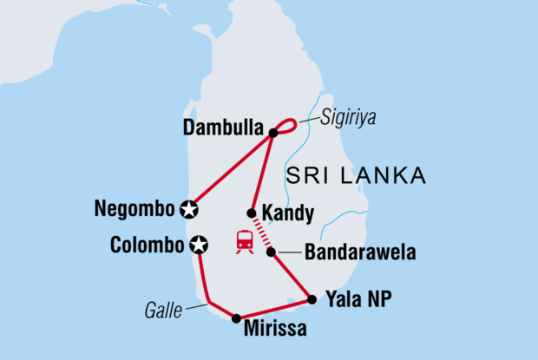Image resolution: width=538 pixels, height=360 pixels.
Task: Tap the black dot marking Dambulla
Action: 272,133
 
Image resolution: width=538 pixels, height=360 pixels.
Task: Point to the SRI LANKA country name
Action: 358,176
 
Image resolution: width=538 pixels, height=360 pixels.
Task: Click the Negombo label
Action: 137,209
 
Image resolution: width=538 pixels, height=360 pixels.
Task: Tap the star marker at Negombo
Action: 189,209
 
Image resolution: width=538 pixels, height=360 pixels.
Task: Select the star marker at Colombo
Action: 199,245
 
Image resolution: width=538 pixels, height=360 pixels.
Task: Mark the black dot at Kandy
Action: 251,213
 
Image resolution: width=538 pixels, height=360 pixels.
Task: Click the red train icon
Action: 245,241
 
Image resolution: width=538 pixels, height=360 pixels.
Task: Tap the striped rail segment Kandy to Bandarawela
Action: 261,232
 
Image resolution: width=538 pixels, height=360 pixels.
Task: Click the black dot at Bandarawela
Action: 271,252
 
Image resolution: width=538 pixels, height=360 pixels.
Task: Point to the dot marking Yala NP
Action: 312,300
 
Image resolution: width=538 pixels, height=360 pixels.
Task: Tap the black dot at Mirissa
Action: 236,318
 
